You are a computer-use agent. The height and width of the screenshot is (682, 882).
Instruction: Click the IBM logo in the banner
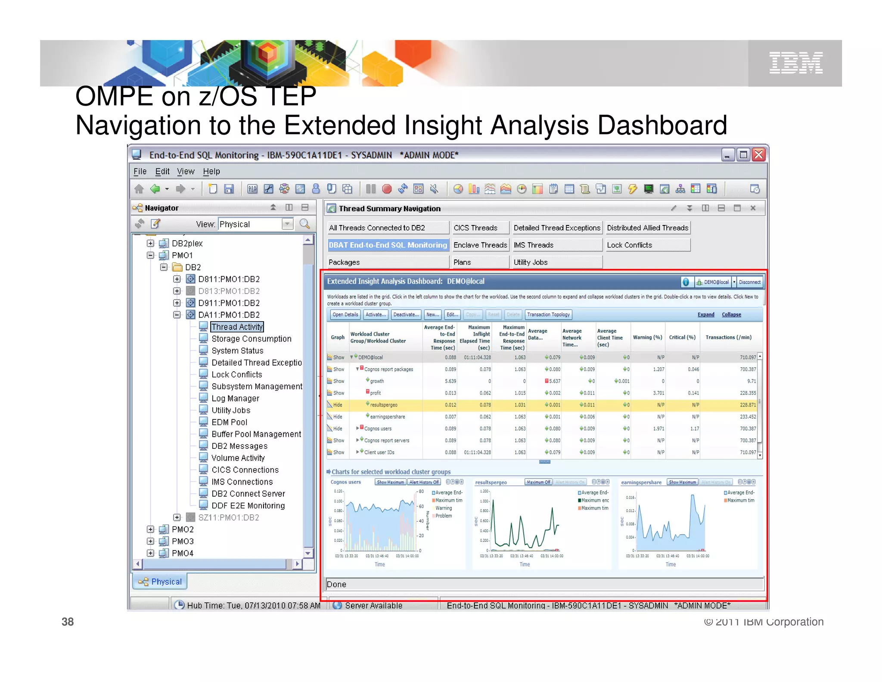coord(796,63)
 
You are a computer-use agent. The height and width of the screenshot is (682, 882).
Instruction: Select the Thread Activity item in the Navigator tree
coord(237,327)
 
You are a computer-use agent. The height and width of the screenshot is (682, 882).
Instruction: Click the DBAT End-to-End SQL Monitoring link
coord(388,245)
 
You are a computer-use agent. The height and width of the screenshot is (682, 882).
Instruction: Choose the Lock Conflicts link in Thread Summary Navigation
coord(629,245)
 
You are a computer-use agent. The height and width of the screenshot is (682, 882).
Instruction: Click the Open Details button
coord(345,315)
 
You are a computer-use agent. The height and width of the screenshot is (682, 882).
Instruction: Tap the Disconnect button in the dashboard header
coord(749,282)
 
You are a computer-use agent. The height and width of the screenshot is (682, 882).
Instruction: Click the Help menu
coord(211,171)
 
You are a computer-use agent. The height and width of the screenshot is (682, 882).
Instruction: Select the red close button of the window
coord(758,155)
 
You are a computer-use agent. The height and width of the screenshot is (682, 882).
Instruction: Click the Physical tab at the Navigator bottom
coord(160,582)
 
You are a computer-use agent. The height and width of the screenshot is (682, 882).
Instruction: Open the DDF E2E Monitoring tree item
coord(248,505)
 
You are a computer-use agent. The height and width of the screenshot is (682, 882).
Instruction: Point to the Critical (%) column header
coord(682,337)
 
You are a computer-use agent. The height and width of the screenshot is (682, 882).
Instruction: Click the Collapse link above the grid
coord(731,315)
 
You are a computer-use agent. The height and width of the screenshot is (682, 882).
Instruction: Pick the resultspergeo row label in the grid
coord(383,405)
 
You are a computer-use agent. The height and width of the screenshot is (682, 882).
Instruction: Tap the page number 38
coord(68,622)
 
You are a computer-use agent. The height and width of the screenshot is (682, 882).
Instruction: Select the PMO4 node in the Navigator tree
coord(183,553)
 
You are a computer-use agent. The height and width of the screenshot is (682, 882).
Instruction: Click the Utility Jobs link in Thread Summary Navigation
coord(530,262)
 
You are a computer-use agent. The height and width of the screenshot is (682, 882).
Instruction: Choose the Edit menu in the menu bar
coord(162,171)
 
